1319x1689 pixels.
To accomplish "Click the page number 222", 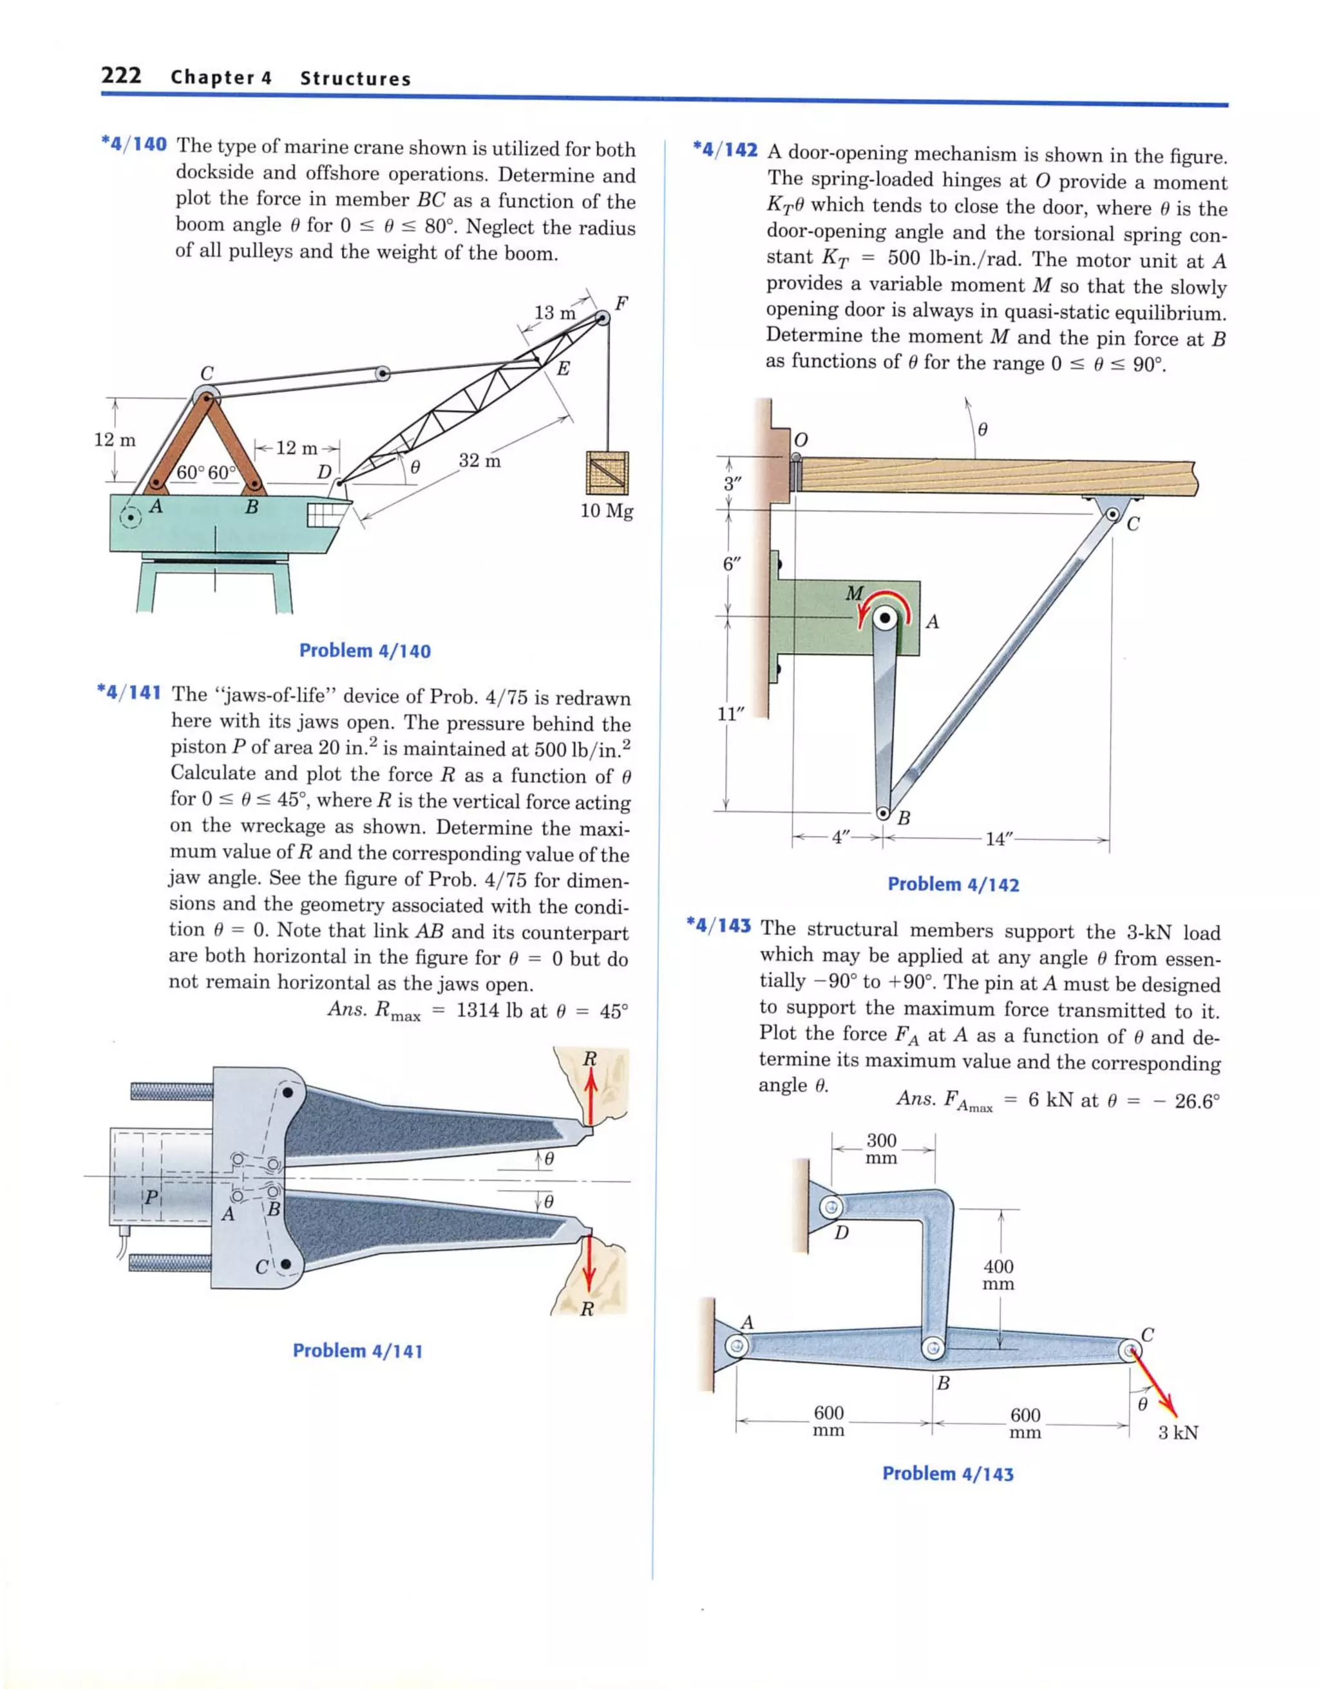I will coord(120,76).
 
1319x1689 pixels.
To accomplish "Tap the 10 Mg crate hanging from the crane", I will coord(607,473).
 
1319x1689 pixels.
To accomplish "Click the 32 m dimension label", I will coord(480,461).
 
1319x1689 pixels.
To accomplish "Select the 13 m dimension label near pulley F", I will coord(555,312).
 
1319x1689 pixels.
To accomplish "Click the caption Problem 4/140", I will coord(365,650).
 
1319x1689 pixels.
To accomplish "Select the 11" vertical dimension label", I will coord(730,714).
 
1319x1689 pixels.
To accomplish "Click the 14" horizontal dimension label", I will coord(996,839).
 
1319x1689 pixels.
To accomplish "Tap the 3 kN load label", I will coord(1177,1432).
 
